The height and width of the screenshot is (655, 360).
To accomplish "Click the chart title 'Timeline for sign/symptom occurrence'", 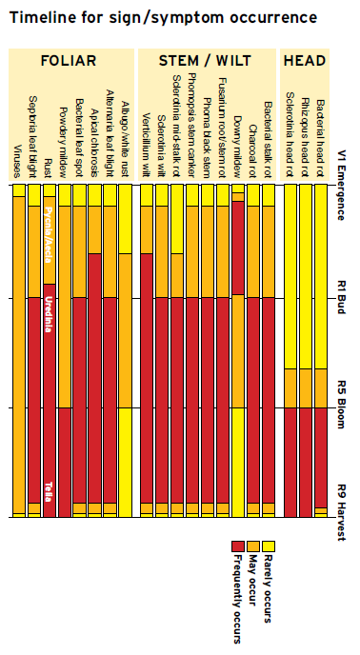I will (x=163, y=17).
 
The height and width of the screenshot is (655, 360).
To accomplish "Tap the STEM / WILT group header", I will (x=205, y=61).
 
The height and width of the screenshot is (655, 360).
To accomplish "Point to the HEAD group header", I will (x=305, y=61).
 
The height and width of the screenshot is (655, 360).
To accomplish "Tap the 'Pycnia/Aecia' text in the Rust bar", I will (x=49, y=228).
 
